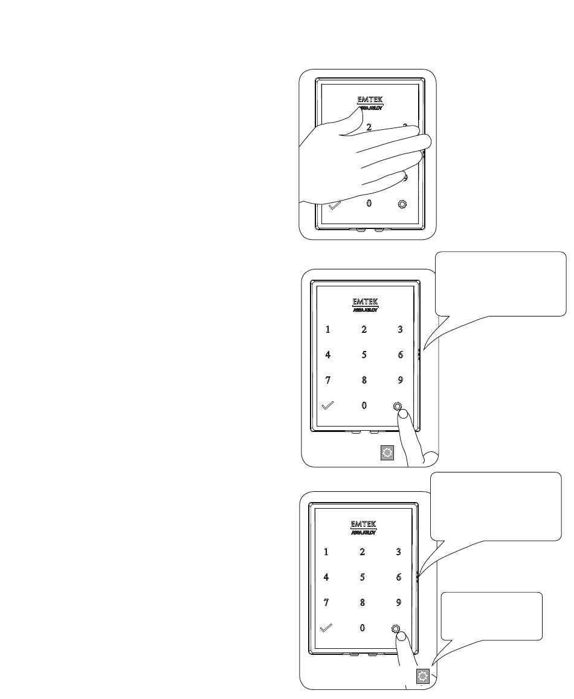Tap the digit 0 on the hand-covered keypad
click(x=369, y=204)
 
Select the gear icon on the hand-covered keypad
click(x=402, y=204)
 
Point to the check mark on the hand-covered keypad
click(x=335, y=205)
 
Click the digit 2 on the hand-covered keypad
click(x=369, y=127)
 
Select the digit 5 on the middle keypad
click(x=364, y=355)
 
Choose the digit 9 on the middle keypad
click(x=400, y=381)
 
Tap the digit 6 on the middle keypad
click(x=400, y=355)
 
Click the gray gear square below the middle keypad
click(x=387, y=453)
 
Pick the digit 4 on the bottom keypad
click(x=326, y=577)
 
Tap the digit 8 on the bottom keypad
click(x=362, y=602)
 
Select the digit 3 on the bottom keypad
click(x=398, y=552)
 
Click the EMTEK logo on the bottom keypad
click(x=363, y=524)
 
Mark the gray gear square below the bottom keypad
click(x=423, y=677)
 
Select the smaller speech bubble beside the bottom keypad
click(x=492, y=616)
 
